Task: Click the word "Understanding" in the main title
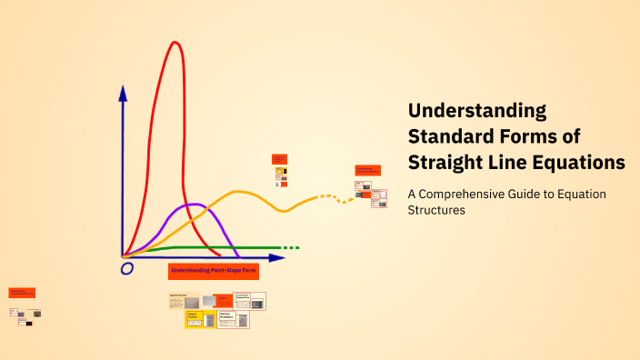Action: click(x=477, y=111)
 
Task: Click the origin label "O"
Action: click(x=126, y=268)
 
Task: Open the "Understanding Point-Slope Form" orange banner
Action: click(x=214, y=271)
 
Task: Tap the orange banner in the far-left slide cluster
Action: click(x=22, y=293)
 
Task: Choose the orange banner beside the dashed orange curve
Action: click(x=367, y=170)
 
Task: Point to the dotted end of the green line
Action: click(x=290, y=247)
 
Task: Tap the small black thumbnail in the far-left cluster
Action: click(x=29, y=323)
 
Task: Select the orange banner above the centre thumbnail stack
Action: click(x=279, y=158)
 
